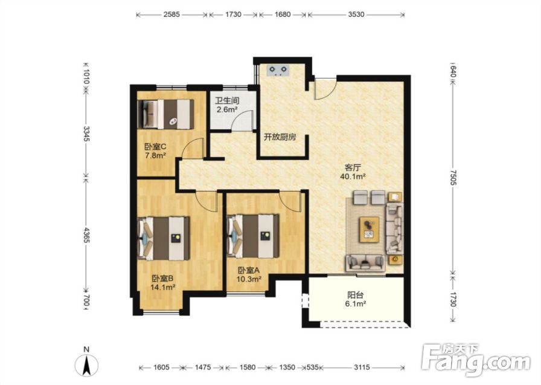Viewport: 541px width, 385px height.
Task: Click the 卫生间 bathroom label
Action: click(227, 101)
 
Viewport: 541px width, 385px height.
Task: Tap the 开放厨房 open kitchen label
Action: click(280, 137)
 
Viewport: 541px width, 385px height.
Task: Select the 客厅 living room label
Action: click(353, 168)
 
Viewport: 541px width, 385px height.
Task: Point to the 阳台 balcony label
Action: click(355, 295)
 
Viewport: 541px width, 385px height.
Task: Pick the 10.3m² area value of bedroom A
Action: click(248, 279)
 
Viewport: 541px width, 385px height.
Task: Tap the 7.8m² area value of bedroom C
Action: click(155, 155)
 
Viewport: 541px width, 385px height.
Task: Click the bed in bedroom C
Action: click(165, 114)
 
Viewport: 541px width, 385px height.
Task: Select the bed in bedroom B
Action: click(164, 238)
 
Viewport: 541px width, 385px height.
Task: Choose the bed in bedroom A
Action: click(253, 236)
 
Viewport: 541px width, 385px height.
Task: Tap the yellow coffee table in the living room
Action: click(369, 230)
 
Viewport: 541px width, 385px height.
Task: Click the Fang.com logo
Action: click(476, 360)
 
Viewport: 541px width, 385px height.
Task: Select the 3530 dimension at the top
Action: click(356, 15)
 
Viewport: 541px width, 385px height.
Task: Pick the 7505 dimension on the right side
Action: click(453, 178)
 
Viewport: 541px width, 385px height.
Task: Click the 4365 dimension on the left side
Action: click(86, 235)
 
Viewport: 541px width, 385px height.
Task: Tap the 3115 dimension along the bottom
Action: click(362, 367)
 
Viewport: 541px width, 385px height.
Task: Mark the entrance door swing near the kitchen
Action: click(325, 89)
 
